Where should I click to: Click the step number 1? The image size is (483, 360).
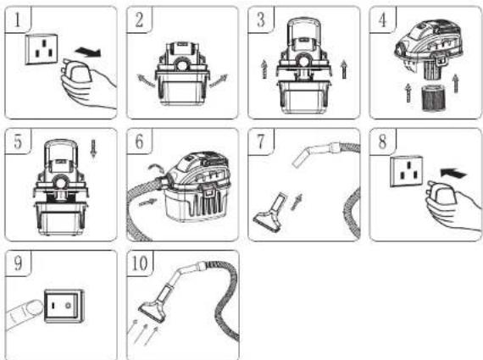click(x=18, y=19)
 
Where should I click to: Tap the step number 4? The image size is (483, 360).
click(x=382, y=19)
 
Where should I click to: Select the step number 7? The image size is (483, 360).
click(x=261, y=141)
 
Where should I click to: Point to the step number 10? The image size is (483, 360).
click(x=140, y=263)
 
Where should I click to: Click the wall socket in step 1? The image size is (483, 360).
click(x=42, y=49)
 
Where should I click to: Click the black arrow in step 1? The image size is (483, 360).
click(x=88, y=52)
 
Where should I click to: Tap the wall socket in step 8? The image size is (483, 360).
click(x=406, y=171)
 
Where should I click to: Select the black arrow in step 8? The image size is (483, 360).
click(x=453, y=173)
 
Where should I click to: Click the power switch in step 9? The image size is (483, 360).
click(x=64, y=306)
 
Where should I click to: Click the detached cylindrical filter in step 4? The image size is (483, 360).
click(x=433, y=98)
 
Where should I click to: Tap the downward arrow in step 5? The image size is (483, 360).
click(x=94, y=148)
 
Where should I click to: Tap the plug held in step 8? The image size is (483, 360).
click(x=442, y=194)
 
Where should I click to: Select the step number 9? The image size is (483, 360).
click(x=18, y=263)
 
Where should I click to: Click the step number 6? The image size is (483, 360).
click(x=139, y=141)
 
